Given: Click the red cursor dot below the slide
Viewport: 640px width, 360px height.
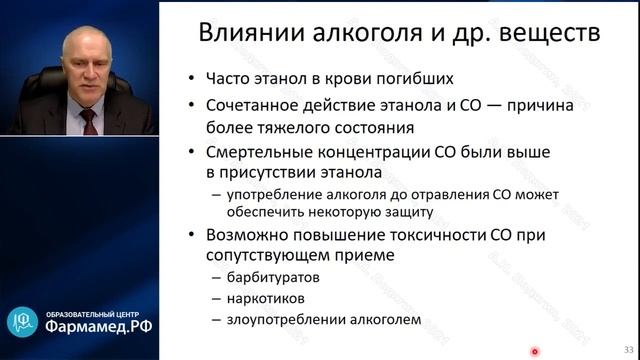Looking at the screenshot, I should coord(535,351).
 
